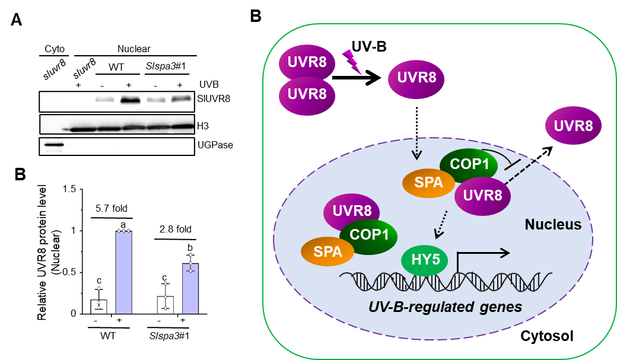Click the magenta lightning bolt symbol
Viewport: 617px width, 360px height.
tap(352, 61)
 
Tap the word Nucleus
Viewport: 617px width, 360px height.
tap(553, 225)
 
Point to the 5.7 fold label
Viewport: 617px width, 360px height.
tap(112, 209)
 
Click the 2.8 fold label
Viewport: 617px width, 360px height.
tap(176, 230)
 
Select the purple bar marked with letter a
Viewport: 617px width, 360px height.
tap(124, 272)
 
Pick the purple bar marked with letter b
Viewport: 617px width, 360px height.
tap(190, 288)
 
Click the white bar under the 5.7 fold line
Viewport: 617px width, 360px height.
tap(98, 306)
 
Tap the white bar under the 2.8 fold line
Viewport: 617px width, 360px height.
tap(165, 304)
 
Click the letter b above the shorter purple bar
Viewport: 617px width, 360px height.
tap(190, 247)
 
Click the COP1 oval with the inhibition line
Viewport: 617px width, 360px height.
tap(469, 164)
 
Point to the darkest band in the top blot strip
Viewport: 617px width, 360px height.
tap(131, 100)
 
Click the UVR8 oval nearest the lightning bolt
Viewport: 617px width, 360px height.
tap(307, 62)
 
